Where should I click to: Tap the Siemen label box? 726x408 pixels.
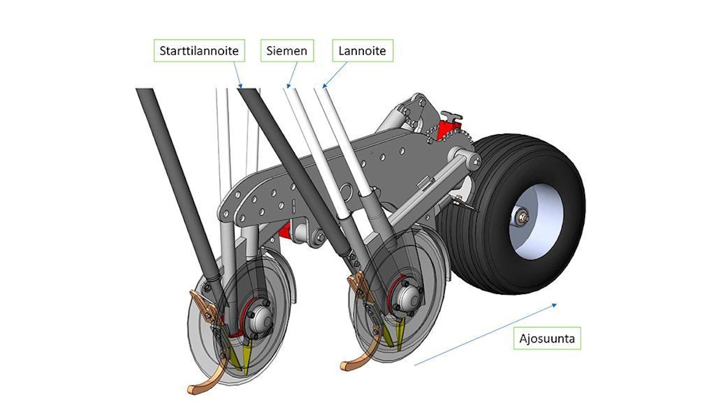pyautogui.click(x=287, y=51)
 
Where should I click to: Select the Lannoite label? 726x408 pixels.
pyautogui.click(x=362, y=51)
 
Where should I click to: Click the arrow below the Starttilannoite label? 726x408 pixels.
pyautogui.click(x=238, y=75)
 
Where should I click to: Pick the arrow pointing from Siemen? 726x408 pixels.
pyautogui.click(x=292, y=74)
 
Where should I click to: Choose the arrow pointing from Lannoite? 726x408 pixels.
pyautogui.click(x=335, y=74)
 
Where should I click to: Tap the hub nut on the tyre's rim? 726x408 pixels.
pyautogui.click(x=520, y=217)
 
